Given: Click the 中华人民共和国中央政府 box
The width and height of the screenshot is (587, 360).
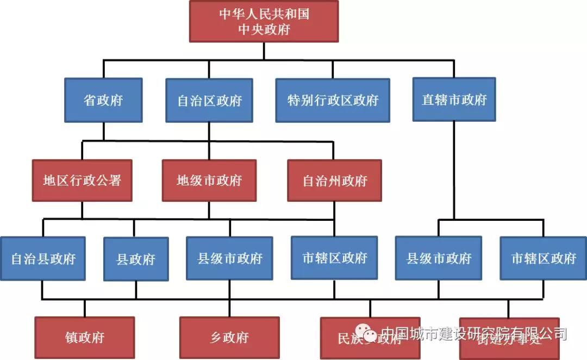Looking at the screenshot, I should point(264,21).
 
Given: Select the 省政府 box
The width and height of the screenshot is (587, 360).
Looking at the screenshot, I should point(103,100).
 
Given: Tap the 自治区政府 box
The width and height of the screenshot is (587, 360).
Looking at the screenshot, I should point(209,100).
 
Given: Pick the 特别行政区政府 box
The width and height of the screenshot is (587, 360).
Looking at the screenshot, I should point(333,100).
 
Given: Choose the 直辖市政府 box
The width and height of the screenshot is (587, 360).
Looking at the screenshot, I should point(454,99).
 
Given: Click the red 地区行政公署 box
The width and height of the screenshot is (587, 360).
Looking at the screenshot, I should point(82,181).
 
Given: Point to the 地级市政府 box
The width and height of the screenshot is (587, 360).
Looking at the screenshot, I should point(209,181).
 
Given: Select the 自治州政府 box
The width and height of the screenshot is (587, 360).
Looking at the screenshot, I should point(334,181).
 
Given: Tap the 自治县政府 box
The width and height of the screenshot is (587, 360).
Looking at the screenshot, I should point(43,258).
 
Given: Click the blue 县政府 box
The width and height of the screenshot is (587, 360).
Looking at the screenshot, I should point(136,259).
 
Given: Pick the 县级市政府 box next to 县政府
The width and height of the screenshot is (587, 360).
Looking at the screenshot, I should point(229,258).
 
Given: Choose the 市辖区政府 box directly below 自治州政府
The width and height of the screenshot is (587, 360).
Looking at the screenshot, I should point(334,257).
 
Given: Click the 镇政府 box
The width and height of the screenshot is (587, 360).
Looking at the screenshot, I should point(84,337).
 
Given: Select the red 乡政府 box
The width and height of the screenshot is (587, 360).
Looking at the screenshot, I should point(229,337).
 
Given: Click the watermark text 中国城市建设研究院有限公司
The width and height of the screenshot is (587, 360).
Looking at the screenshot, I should point(473,333).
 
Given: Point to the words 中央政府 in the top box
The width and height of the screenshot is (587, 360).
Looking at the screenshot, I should point(264,29).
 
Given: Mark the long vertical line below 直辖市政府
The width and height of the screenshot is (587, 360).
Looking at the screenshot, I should point(454,169).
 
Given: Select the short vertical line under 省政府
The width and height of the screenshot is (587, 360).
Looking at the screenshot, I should point(103,131).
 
